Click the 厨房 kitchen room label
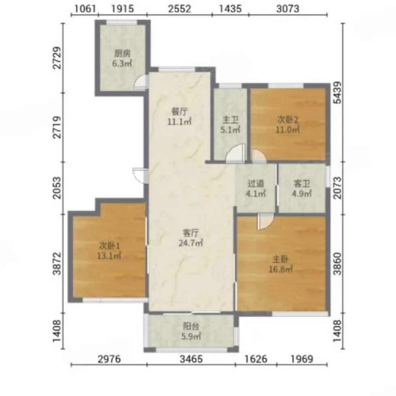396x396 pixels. [x=122, y=53]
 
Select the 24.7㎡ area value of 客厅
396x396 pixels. [x=191, y=243]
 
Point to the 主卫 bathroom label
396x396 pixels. [x=230, y=120]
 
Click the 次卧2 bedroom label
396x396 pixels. [x=288, y=119]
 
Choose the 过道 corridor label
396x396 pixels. [x=255, y=183]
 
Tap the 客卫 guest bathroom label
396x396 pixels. [x=302, y=183]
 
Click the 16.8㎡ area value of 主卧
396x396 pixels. [x=281, y=269]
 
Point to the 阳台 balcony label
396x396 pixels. [x=191, y=326]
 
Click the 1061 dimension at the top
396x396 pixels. [x=85, y=9]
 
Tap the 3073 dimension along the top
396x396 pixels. [x=287, y=9]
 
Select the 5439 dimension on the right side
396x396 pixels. [x=337, y=93]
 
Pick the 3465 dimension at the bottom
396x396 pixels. [x=191, y=359]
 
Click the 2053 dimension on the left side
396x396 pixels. [x=57, y=188]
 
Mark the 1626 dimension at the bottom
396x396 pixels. [x=256, y=359]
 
